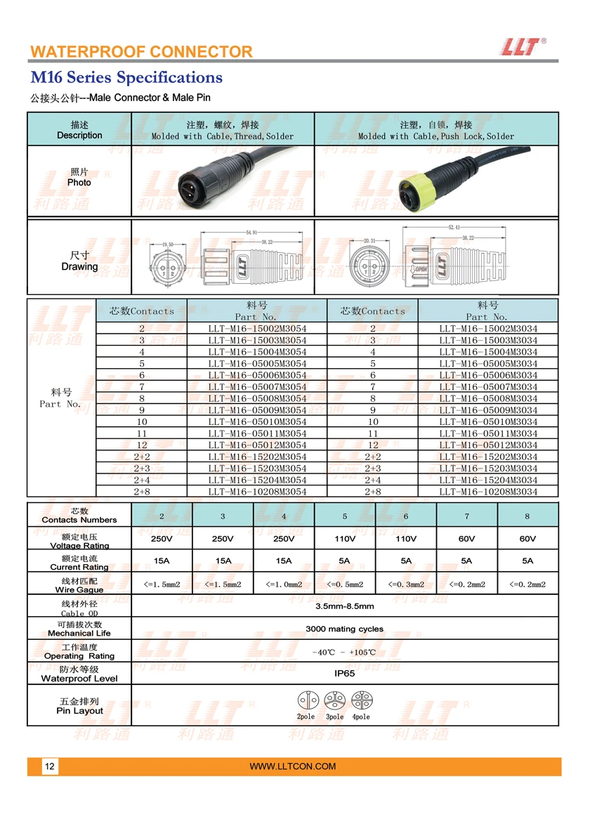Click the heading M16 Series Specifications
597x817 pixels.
pyautogui.click(x=126, y=77)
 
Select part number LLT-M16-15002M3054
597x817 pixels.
pyautogui.click(x=257, y=328)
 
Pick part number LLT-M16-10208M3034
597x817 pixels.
pyautogui.click(x=488, y=492)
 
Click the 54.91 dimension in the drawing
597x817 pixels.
pyautogui.click(x=252, y=233)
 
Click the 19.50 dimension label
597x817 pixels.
pyautogui.click(x=168, y=244)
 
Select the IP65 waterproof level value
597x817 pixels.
pyautogui.click(x=344, y=673)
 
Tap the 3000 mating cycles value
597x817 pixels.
pyautogui.click(x=344, y=629)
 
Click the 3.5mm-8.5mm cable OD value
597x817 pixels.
pyautogui.click(x=344, y=606)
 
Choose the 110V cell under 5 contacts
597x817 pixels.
pyautogui.click(x=344, y=539)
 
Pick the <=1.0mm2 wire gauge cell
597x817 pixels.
pyautogui.click(x=284, y=584)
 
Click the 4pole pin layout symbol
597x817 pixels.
pyautogui.click(x=362, y=701)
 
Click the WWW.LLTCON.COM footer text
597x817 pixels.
pyautogui.click(x=293, y=766)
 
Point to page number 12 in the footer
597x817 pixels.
pyautogui.click(x=50, y=766)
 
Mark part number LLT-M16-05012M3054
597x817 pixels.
pyautogui.click(x=257, y=445)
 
